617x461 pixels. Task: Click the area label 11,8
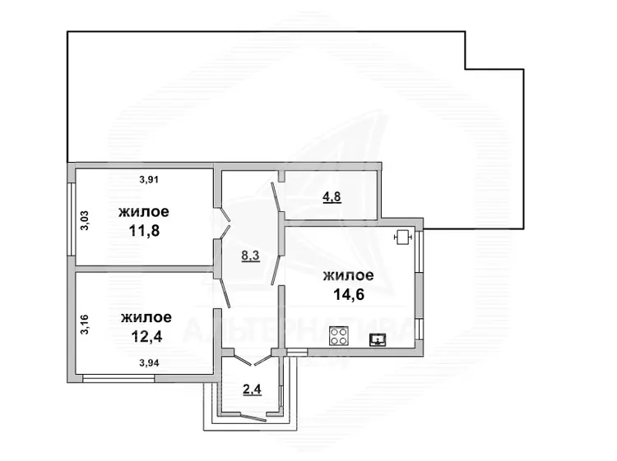(145, 231)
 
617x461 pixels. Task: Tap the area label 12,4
(146, 336)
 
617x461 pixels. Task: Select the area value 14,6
(349, 294)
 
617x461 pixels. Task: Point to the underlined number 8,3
(251, 256)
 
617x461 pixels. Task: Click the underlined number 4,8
(332, 196)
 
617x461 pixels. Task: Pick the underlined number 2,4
(253, 390)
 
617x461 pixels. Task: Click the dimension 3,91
(149, 180)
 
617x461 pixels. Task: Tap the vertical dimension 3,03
(85, 220)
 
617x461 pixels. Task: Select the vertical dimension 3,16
(85, 325)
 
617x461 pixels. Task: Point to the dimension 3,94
(149, 363)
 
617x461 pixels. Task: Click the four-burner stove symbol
(339, 336)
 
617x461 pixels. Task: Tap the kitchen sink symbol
(378, 340)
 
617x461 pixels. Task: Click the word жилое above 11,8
(144, 212)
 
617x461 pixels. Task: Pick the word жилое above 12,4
(146, 317)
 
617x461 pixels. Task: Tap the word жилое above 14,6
(349, 275)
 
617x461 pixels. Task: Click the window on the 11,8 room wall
(71, 219)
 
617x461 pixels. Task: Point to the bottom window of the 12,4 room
(118, 379)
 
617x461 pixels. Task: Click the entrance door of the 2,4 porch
(253, 417)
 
